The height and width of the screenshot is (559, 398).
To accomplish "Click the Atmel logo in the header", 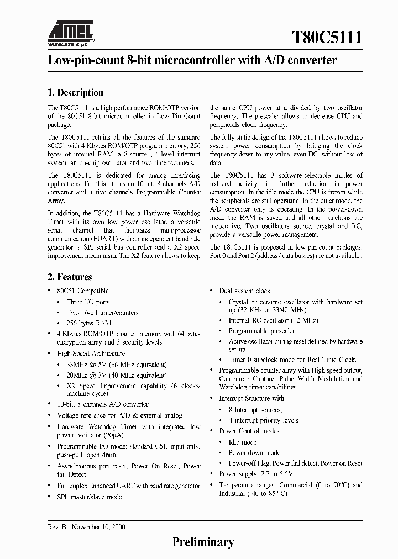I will pyautogui.click(x=71, y=31).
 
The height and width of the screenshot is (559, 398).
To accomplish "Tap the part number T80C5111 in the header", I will pyautogui.click(x=327, y=38).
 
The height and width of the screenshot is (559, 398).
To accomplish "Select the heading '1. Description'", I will pyautogui.click(x=76, y=93).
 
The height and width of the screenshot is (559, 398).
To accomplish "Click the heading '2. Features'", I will pyautogui.click(x=70, y=277).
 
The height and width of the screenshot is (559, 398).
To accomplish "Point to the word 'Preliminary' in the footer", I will pyautogui.click(x=203, y=542).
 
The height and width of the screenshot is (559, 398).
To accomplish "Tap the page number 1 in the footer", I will pyautogui.click(x=360, y=527).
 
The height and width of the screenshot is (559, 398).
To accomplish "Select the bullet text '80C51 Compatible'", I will pyautogui.click(x=83, y=291).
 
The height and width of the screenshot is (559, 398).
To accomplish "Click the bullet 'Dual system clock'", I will pyautogui.click(x=245, y=291).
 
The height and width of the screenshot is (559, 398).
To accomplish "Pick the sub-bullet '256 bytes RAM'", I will pyautogui.click(x=89, y=323).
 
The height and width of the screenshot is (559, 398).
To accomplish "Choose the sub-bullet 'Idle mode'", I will pyautogui.click(x=243, y=442).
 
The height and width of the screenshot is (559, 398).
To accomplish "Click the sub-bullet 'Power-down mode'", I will pyautogui.click(x=255, y=453).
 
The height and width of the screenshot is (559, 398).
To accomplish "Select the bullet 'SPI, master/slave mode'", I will pyautogui.click(x=90, y=496).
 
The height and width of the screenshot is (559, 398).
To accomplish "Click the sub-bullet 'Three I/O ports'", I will pyautogui.click(x=88, y=302).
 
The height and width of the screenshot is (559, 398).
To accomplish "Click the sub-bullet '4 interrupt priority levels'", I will pyautogui.click(x=263, y=420).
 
